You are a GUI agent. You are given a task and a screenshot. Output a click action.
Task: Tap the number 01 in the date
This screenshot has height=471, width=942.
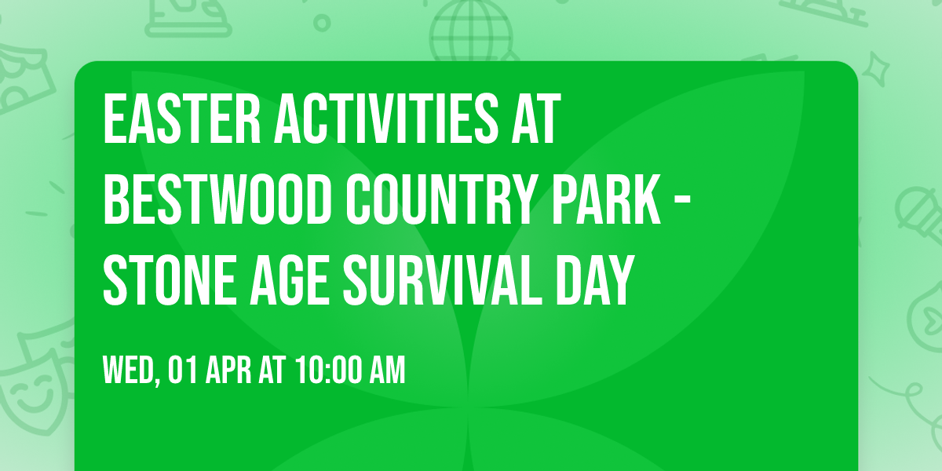[181, 371]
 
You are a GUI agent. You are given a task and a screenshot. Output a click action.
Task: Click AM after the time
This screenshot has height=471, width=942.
[388, 371]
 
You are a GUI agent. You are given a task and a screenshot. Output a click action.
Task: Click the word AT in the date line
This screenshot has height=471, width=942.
[272, 371]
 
